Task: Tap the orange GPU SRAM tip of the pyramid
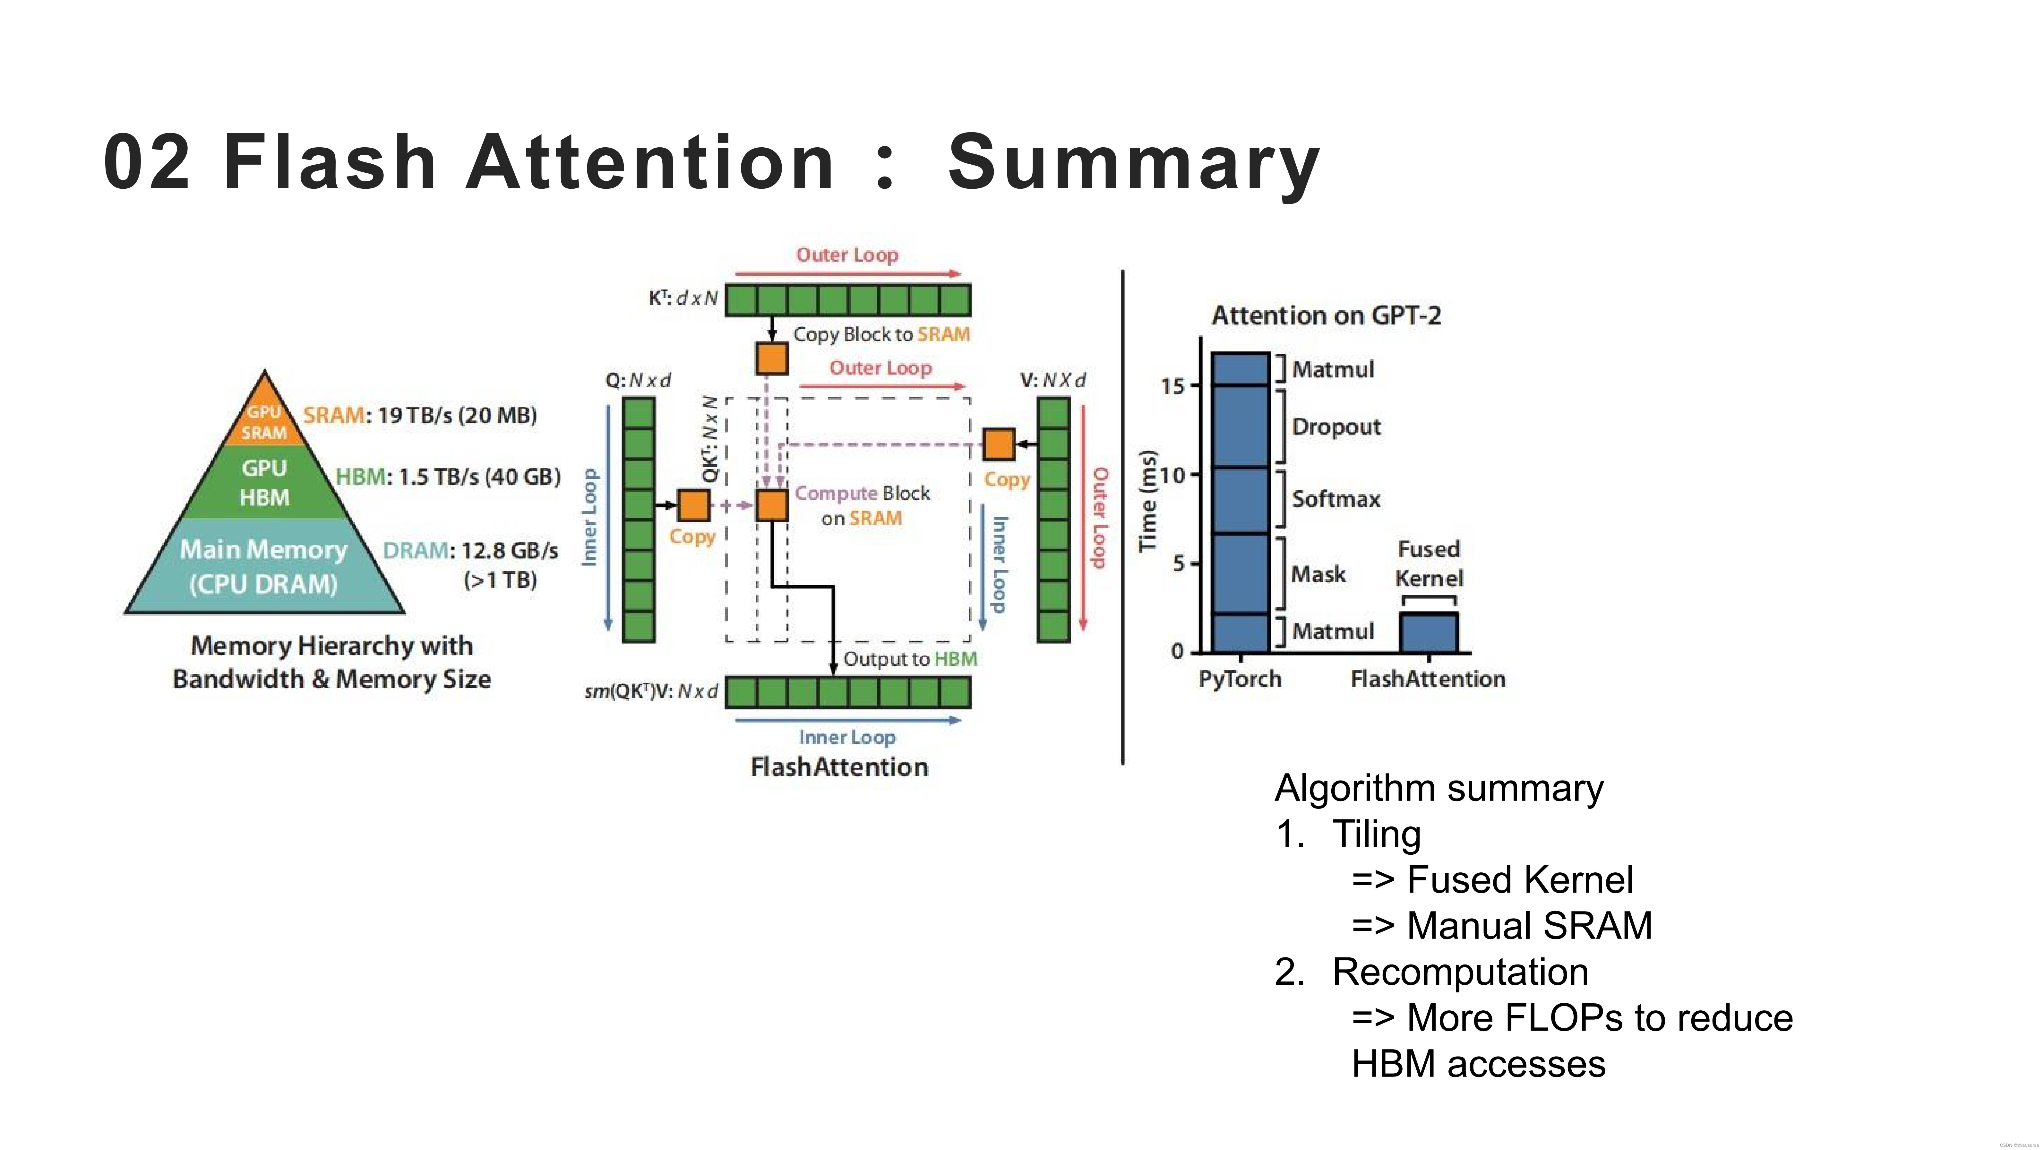pos(264,419)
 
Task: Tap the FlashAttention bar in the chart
pos(1428,633)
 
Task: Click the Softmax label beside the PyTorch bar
pos(1336,499)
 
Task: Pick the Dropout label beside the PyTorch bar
pos(1336,427)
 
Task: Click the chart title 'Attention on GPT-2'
pos(1326,316)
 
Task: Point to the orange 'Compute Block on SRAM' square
pos(771,505)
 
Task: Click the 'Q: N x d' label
pos(638,380)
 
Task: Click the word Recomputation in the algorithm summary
pos(1460,972)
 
